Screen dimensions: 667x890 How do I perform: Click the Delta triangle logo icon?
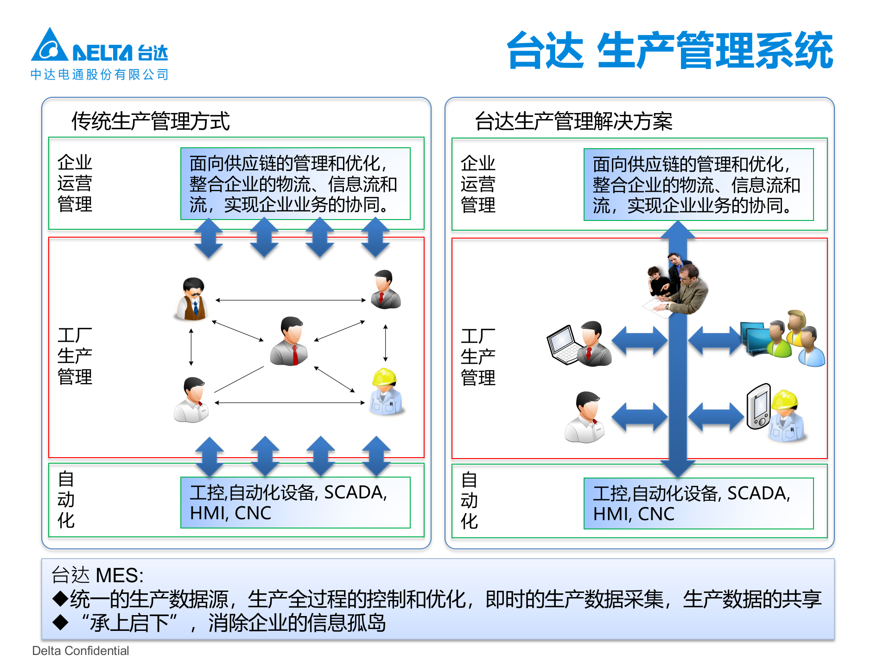click(49, 46)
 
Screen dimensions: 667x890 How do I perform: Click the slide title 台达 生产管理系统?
click(669, 51)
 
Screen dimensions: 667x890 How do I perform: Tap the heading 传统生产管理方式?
click(150, 121)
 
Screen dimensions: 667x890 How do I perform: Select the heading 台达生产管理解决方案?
click(573, 121)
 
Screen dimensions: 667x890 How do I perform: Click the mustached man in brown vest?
click(193, 300)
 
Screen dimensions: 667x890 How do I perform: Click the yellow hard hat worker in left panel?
click(386, 392)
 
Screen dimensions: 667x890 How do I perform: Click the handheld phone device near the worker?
click(758, 406)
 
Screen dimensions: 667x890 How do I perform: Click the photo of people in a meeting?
click(677, 287)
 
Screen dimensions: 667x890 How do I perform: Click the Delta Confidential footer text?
click(81, 651)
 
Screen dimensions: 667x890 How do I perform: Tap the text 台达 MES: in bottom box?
click(97, 575)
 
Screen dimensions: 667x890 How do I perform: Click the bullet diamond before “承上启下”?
click(61, 622)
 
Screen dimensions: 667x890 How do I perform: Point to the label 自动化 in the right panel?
click(469, 500)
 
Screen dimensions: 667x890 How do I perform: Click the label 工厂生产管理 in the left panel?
click(75, 356)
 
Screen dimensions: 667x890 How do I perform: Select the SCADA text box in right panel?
click(698, 503)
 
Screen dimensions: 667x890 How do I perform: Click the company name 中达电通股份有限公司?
click(100, 75)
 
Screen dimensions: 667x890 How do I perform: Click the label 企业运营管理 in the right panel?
click(478, 184)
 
